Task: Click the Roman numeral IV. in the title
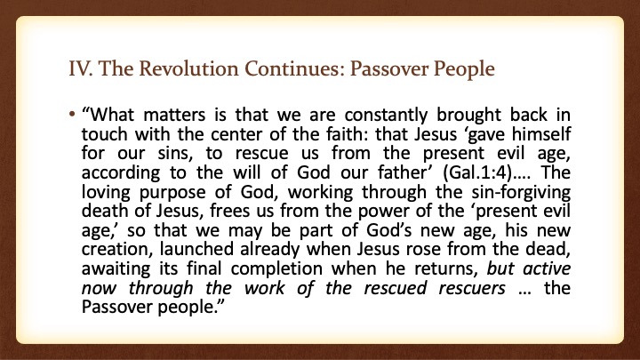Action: (x=80, y=68)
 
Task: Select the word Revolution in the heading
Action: (x=188, y=68)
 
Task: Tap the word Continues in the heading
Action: (x=295, y=68)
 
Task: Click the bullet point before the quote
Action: (x=72, y=115)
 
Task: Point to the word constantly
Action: (x=386, y=115)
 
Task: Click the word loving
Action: (x=106, y=192)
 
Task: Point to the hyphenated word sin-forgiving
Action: (x=521, y=192)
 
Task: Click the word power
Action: (x=383, y=212)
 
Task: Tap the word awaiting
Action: (x=116, y=269)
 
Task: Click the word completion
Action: (x=276, y=269)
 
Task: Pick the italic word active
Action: (x=547, y=268)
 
